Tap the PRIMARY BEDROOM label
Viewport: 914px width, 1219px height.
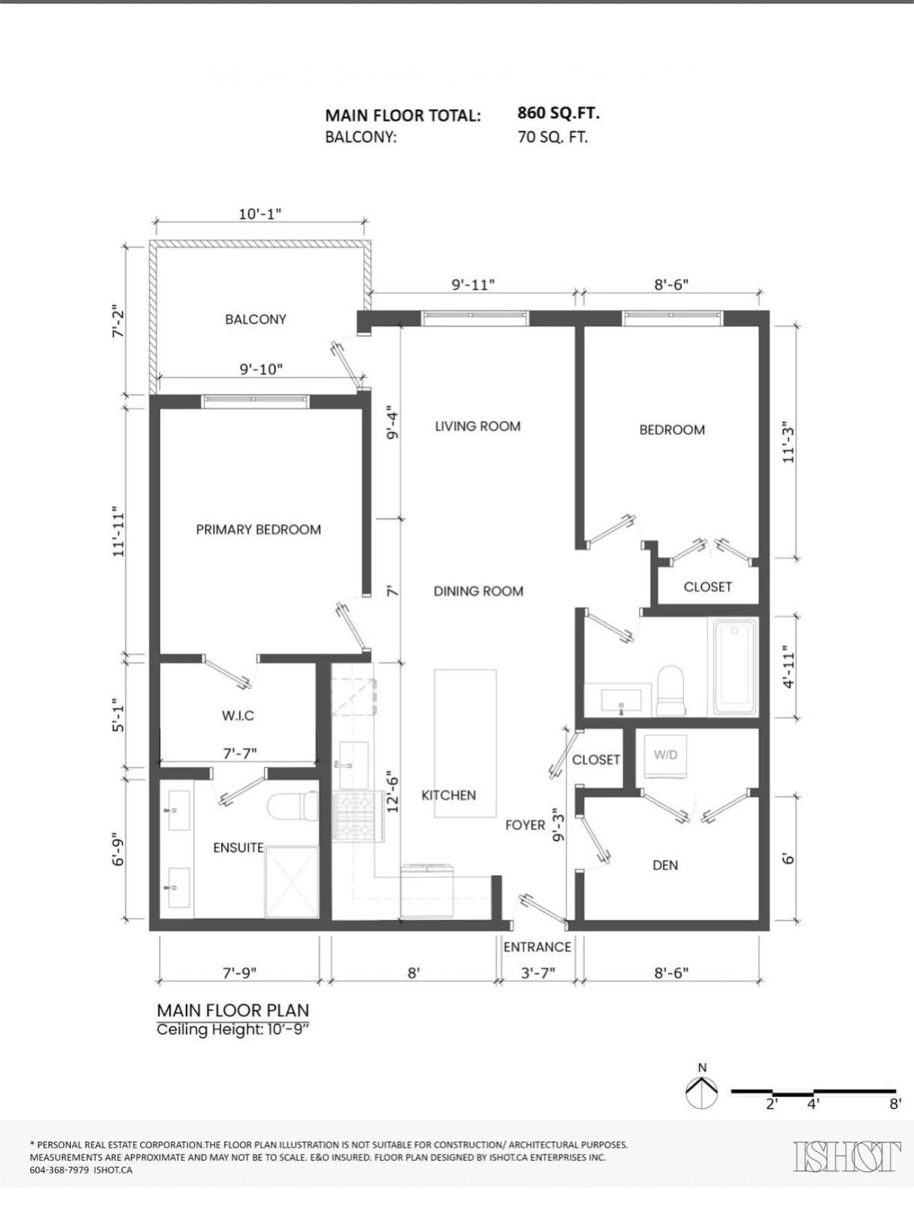point(258,530)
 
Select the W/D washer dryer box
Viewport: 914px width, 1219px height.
point(666,756)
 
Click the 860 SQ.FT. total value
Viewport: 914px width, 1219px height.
point(558,114)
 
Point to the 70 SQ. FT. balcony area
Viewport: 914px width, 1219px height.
point(553,137)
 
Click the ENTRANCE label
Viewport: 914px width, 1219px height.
point(537,947)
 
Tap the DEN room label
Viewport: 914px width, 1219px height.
point(665,865)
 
